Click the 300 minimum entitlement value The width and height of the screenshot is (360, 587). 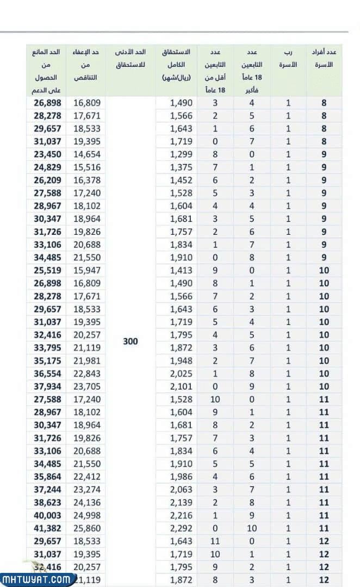(131, 341)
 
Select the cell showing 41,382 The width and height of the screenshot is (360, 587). (47, 528)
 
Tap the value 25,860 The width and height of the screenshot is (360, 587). (87, 528)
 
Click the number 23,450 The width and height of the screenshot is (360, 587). (47, 154)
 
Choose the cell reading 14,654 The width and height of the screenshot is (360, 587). (87, 154)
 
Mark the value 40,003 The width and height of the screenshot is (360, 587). (47, 515)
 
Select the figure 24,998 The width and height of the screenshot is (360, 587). (87, 515)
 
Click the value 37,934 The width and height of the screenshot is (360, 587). (47, 386)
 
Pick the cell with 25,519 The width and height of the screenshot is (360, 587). (47, 270)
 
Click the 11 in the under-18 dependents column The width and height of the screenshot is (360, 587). (215, 541)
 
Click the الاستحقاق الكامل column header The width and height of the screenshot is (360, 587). (176, 65)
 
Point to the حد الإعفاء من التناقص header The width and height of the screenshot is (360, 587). (86, 65)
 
